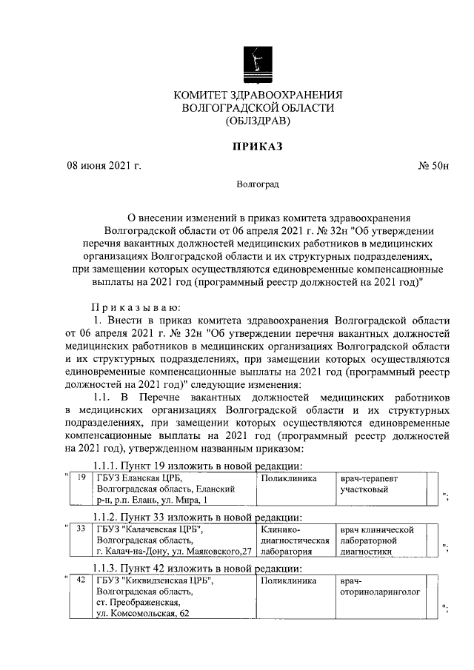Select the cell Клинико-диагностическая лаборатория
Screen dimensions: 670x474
coord(293,540)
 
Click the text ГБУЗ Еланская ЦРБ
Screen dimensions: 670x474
coord(139,479)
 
